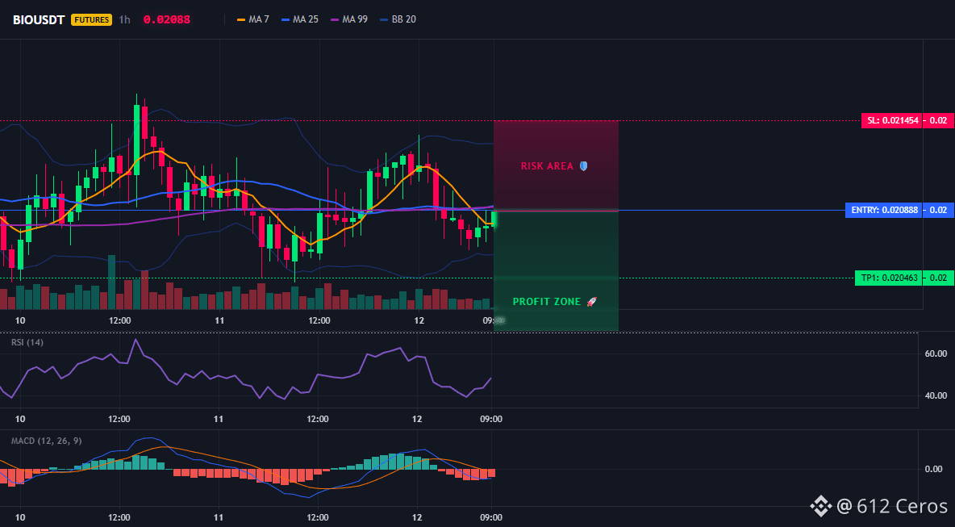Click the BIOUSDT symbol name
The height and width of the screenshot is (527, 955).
coord(39,19)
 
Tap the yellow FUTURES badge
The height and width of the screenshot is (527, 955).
coord(92,19)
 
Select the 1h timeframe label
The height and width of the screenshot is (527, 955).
coord(124,19)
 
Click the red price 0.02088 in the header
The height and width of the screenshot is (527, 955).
coord(166,19)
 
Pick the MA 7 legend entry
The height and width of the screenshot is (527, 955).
coord(252,19)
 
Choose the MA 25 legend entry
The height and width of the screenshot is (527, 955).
coord(300,19)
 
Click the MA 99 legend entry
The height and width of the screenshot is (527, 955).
coord(349,19)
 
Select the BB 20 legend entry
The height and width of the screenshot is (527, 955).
coord(398,19)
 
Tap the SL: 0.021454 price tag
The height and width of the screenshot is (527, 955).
coord(891,120)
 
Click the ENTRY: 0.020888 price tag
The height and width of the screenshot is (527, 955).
coord(883,210)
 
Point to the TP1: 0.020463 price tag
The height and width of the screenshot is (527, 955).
coord(888,278)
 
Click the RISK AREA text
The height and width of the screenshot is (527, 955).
coord(547,165)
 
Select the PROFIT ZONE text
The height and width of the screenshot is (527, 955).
coord(547,302)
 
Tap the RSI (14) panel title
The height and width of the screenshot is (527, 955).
coord(27,342)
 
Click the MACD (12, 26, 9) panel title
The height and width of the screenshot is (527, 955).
coord(46,441)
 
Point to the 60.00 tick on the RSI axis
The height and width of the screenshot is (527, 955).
coord(935,353)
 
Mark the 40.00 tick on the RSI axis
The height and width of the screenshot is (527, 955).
coord(935,395)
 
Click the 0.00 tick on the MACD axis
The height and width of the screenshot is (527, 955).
coord(934,469)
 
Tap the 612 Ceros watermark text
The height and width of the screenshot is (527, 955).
coord(902,506)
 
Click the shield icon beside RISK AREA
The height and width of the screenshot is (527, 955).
coord(583,165)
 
